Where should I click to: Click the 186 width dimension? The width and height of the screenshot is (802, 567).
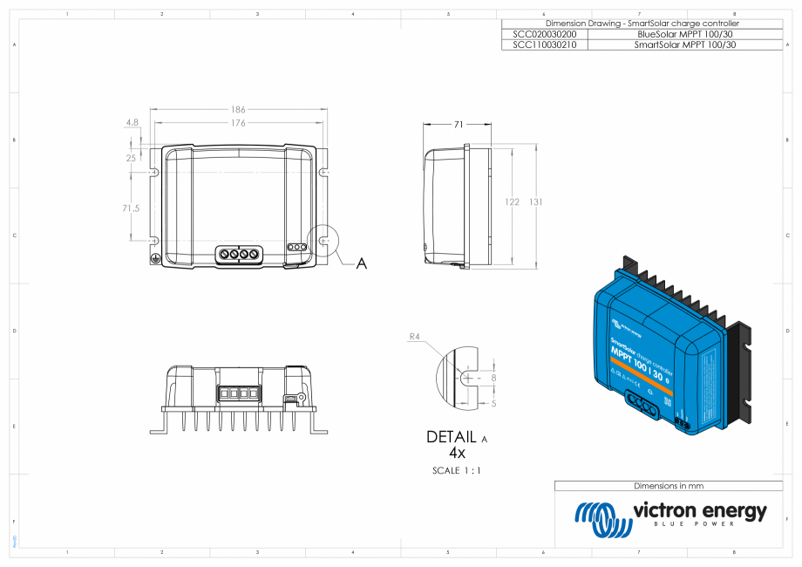coord(238,110)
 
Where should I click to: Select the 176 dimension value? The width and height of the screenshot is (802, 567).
coord(238,123)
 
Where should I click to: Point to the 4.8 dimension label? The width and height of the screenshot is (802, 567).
coord(133,123)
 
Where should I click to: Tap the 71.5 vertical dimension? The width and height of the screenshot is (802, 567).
coord(131,208)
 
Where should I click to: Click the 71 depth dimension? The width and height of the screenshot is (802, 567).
coord(459,125)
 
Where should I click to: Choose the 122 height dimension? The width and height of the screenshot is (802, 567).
coord(513,202)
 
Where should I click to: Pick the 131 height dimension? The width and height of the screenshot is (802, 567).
coord(536,202)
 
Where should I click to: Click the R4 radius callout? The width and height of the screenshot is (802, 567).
coord(415,336)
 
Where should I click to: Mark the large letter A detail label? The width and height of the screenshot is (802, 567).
coord(361,263)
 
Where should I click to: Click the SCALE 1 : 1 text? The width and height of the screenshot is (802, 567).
coord(457,471)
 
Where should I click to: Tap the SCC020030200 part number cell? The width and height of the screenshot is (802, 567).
coord(545,33)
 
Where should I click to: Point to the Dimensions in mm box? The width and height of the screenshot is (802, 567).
coord(669,486)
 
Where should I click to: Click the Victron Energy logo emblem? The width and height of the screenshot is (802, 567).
coord(602,520)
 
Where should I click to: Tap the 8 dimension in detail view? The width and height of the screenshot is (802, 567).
coord(493,378)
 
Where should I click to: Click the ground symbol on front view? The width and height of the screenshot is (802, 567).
coord(155,259)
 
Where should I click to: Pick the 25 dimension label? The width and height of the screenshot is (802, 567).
coord(131,159)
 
